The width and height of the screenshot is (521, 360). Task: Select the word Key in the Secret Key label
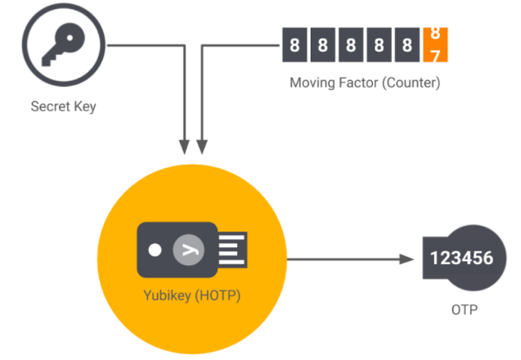83,106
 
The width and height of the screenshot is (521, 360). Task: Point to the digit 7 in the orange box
435,54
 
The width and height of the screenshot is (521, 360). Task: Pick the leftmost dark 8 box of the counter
294,45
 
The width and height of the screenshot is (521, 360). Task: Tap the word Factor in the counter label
357,83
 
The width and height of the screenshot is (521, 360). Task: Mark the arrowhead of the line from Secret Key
185,147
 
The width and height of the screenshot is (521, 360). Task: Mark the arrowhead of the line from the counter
202,147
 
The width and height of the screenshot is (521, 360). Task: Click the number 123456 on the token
461,259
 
